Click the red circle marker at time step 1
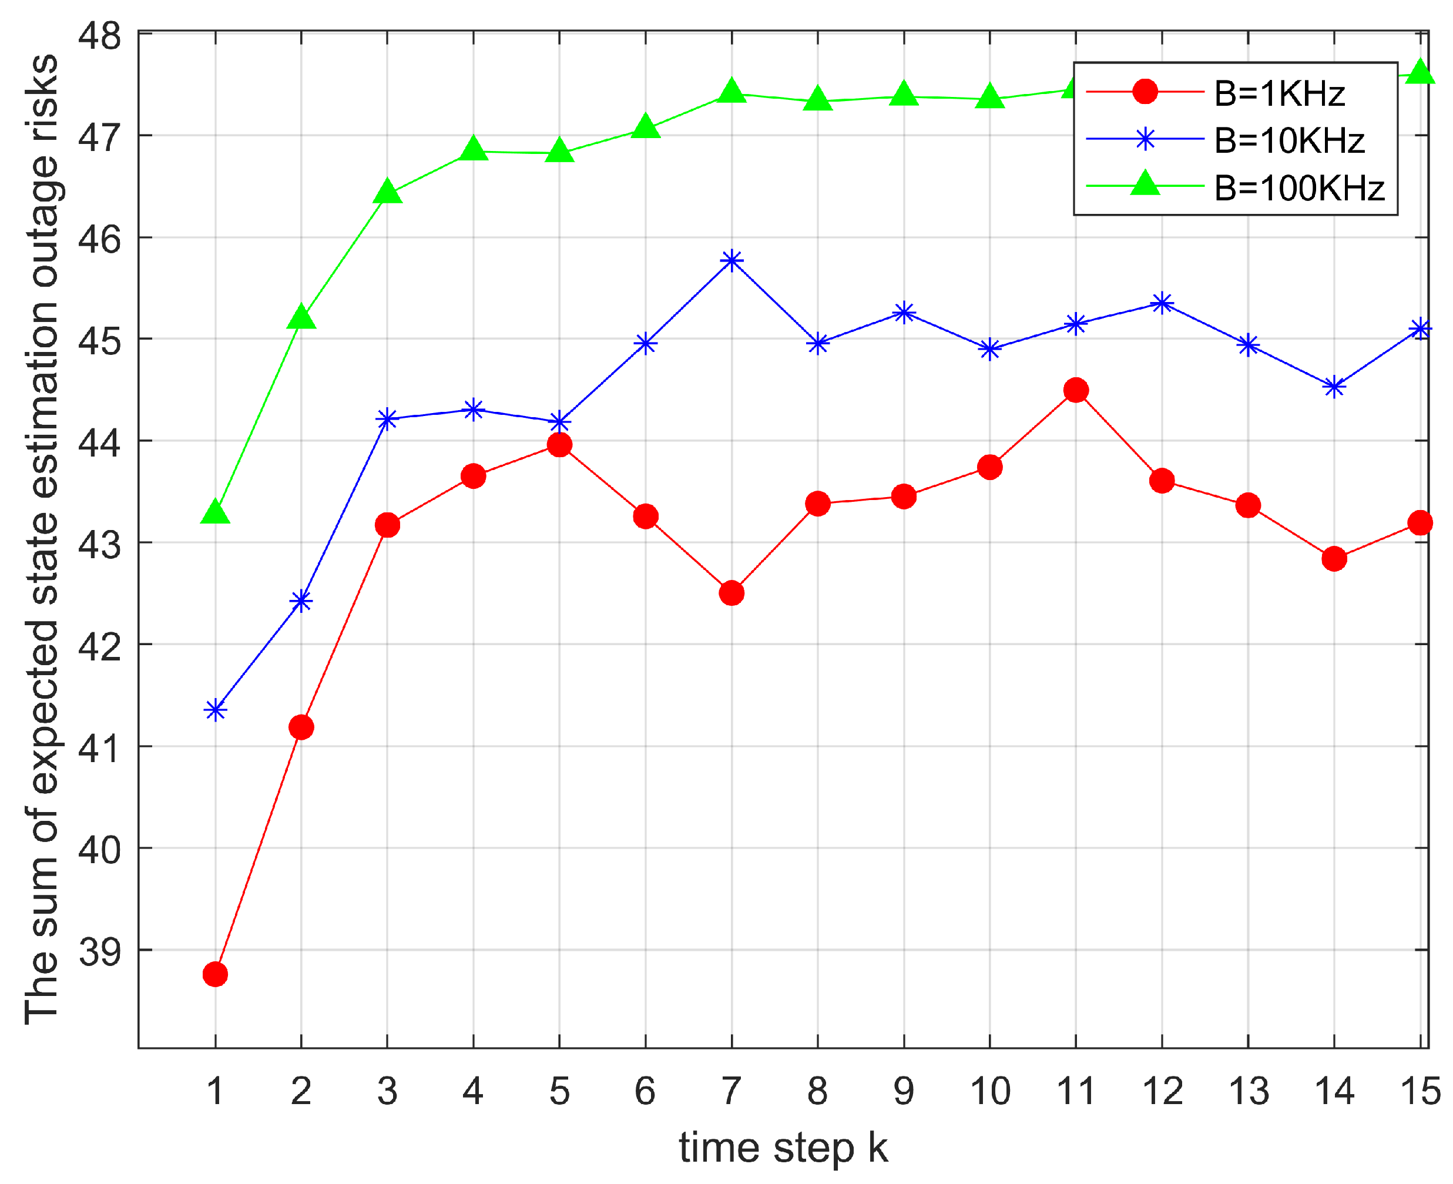click(215, 974)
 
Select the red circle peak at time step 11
click(1075, 390)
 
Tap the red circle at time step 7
click(731, 593)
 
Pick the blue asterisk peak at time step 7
click(731, 260)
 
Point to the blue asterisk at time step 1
click(215, 710)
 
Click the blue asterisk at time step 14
click(1333, 387)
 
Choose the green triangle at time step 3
click(387, 192)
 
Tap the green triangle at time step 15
click(1420, 72)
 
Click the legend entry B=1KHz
click(1278, 93)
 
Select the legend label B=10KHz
click(1288, 140)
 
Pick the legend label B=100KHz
click(1299, 187)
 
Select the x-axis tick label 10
click(989, 1091)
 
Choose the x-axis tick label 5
click(559, 1091)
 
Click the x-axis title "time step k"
click(783, 1147)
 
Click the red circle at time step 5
click(559, 445)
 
